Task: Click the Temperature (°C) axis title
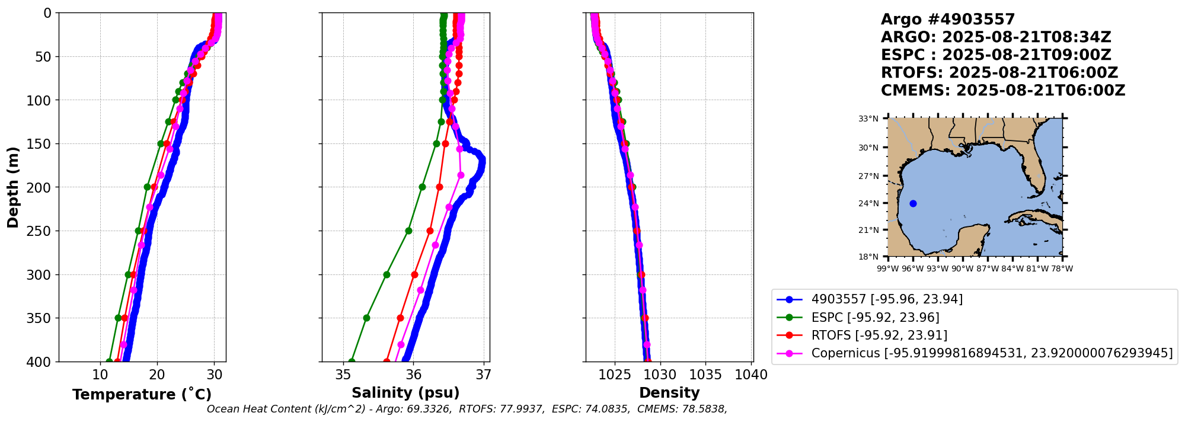(x=142, y=394)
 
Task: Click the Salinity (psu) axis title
(x=405, y=392)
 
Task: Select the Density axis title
(x=669, y=392)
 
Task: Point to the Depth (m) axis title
(x=13, y=187)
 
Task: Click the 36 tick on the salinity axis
(x=414, y=375)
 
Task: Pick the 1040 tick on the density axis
(x=751, y=375)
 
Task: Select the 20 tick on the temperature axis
(x=157, y=375)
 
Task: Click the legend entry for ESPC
(x=875, y=318)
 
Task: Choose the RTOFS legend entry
(x=879, y=335)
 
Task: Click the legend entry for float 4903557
(x=887, y=299)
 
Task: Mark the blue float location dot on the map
(x=913, y=203)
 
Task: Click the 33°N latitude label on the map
(x=868, y=119)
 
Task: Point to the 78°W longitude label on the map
(x=1062, y=268)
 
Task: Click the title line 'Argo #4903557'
(x=948, y=20)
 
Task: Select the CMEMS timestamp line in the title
(x=1002, y=91)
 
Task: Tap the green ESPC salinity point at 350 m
(x=366, y=318)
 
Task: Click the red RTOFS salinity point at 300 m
(x=414, y=274)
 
